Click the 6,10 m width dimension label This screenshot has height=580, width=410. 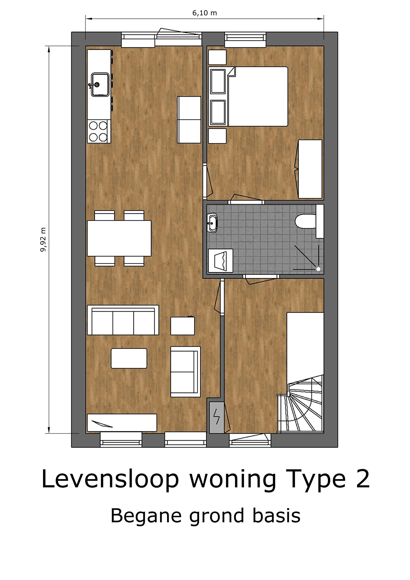pyautogui.click(x=204, y=13)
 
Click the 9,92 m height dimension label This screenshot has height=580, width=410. pyautogui.click(x=43, y=239)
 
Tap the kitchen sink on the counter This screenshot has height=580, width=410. pyautogui.click(x=99, y=84)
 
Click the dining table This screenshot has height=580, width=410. pyautogui.click(x=119, y=238)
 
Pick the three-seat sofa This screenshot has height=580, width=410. pyautogui.click(x=123, y=320)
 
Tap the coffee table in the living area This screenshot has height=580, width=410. pyautogui.click(x=129, y=358)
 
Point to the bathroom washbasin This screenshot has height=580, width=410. pyautogui.click(x=212, y=223)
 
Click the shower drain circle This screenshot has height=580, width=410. pyautogui.click(x=318, y=269)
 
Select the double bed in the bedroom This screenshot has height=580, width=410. pyautogui.click(x=248, y=96)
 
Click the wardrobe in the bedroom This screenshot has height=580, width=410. pyautogui.click(x=310, y=169)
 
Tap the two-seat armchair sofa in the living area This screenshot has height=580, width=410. pyautogui.click(x=185, y=372)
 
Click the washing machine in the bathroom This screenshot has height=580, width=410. pyautogui.click(x=221, y=261)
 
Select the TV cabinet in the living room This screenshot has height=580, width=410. pyautogui.click(x=122, y=423)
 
